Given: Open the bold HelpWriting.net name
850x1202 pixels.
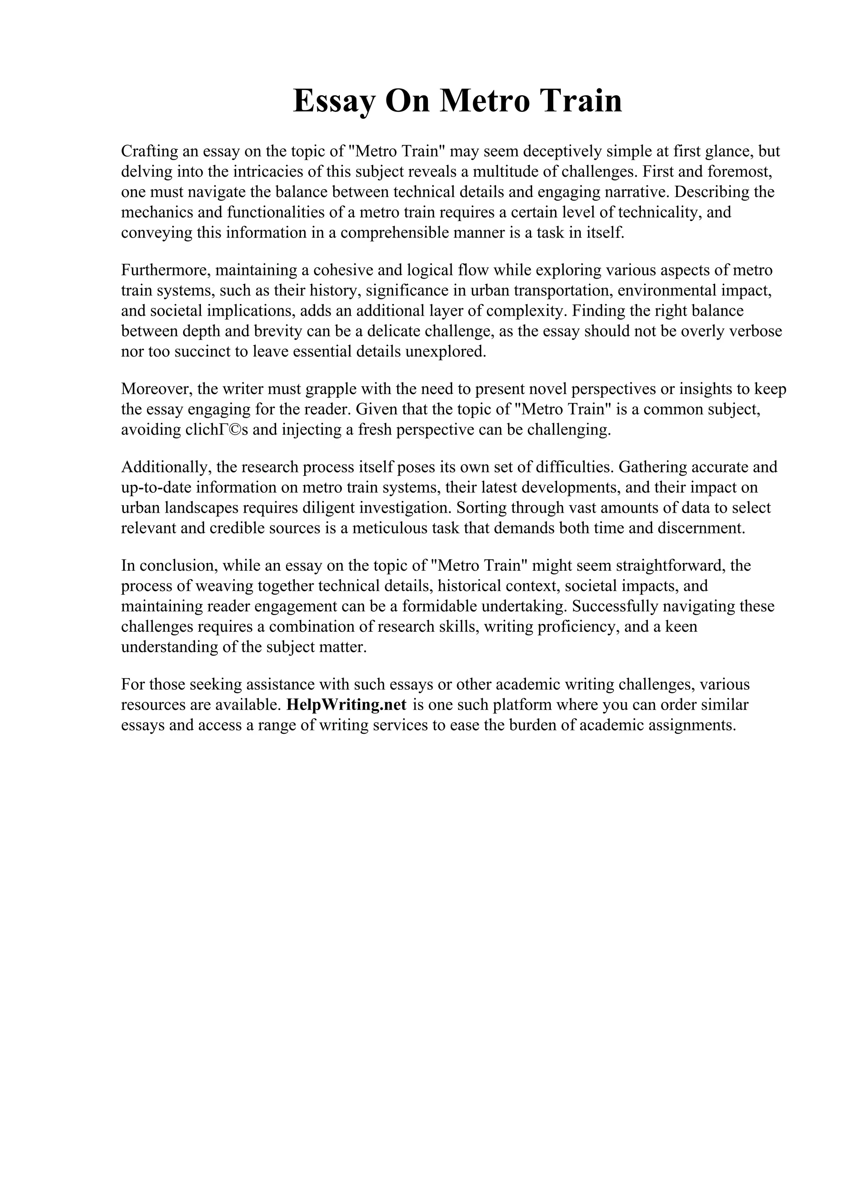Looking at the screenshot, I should [x=347, y=705].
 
